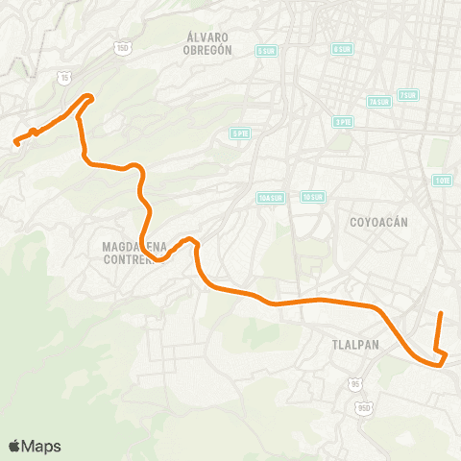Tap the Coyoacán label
(x=380, y=222)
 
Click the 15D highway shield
(x=122, y=47)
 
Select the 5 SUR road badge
(x=266, y=51)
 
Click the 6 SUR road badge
(x=341, y=49)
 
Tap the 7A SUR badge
(x=378, y=102)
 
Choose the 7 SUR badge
(x=409, y=95)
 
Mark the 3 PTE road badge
(x=343, y=122)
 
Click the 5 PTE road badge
(x=240, y=133)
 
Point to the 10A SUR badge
(x=270, y=198)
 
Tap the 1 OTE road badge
(x=442, y=180)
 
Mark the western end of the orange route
(x=15, y=144)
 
